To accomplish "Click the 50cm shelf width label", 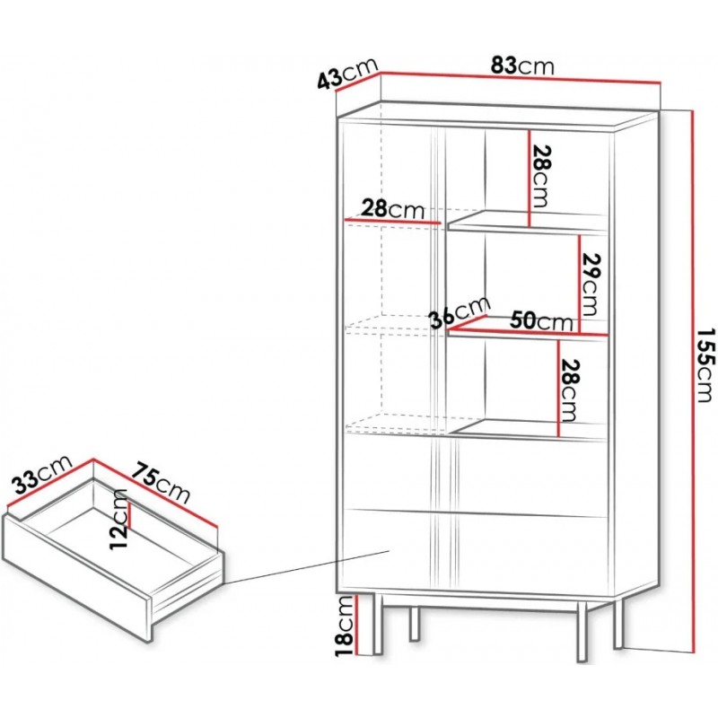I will [x=541, y=320].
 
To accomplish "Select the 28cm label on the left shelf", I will [x=392, y=208].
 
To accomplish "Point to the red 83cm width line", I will [x=521, y=78].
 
